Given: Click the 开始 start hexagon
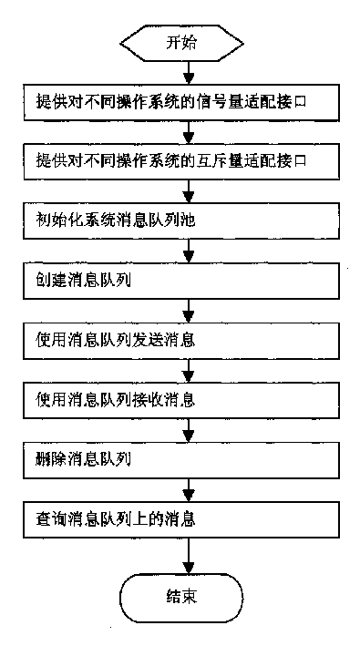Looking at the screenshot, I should [x=187, y=42].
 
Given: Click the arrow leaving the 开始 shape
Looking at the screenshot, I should [x=187, y=71].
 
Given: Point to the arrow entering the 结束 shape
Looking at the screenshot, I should [x=187, y=556].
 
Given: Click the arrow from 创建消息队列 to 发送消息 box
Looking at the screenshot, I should [x=187, y=310].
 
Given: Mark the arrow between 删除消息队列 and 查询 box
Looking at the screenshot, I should [x=187, y=487].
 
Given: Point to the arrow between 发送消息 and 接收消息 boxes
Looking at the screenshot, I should [x=187, y=369].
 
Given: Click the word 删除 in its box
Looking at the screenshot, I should [x=46, y=457].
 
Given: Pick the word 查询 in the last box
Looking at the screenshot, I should [x=46, y=517].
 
